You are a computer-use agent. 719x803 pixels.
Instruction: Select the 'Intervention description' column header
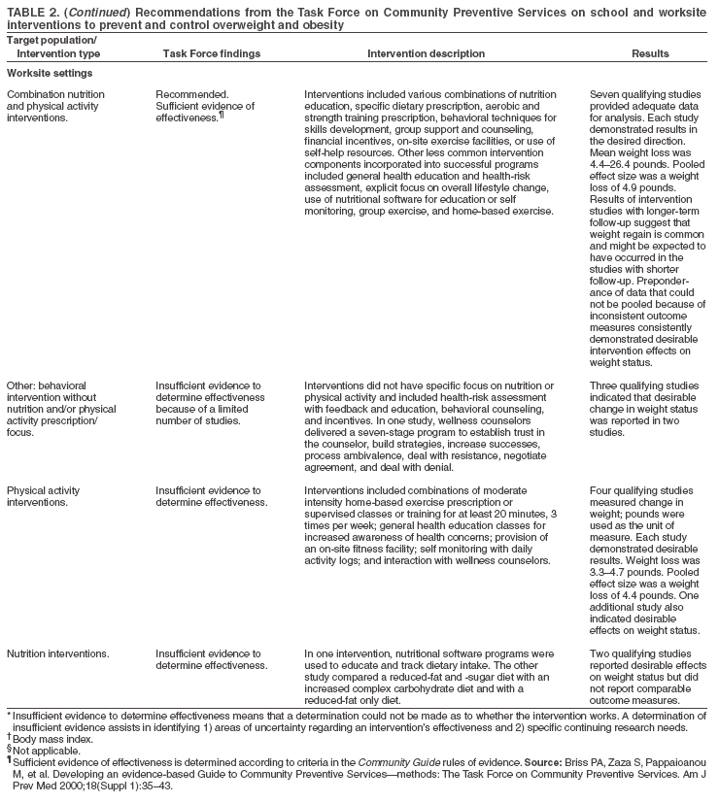[x=424, y=54]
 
